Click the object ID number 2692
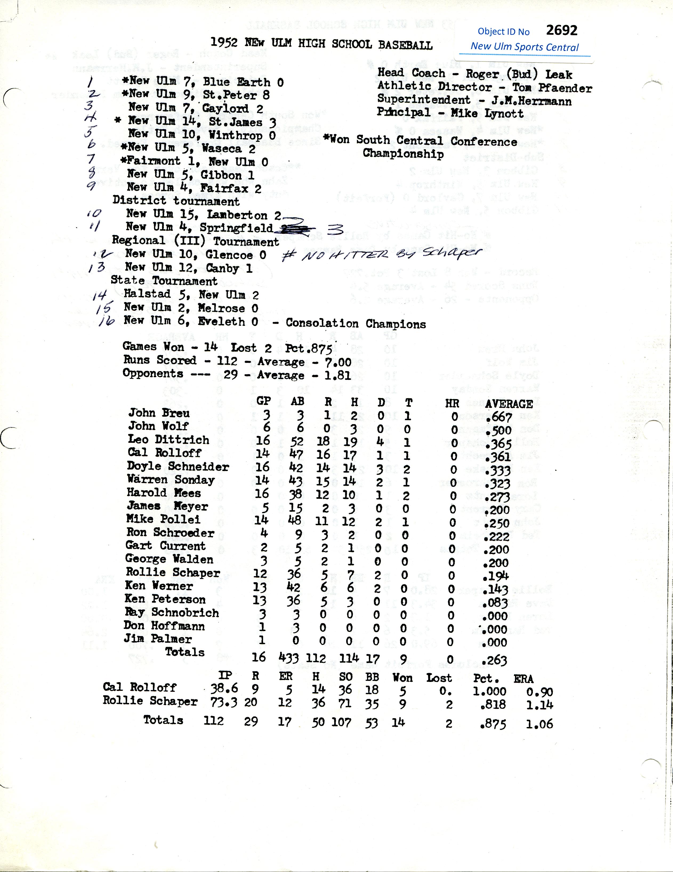[x=561, y=30]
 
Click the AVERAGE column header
[x=509, y=404]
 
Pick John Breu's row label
[x=159, y=413]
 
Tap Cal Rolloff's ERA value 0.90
[x=539, y=692]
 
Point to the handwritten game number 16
[x=107, y=321]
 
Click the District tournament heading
[x=176, y=200]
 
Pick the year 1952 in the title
[x=224, y=42]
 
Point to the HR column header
[x=452, y=404]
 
